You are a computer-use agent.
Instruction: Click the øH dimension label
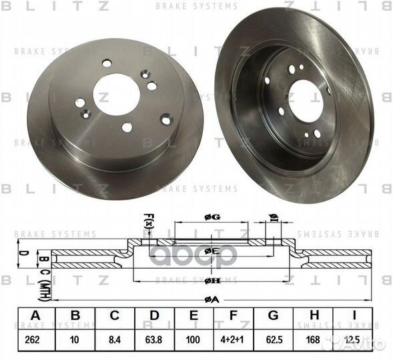click(212, 281)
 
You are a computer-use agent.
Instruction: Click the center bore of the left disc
click(116, 94)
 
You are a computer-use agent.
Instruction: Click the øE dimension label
click(212, 251)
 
